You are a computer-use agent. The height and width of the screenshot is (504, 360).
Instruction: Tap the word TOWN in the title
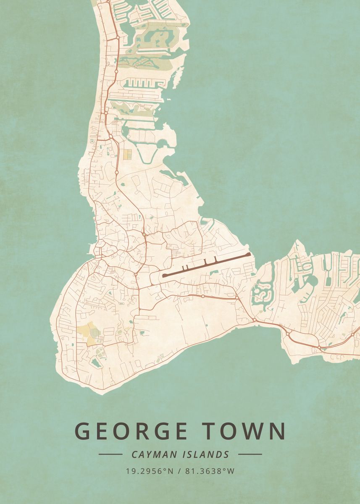[245, 431]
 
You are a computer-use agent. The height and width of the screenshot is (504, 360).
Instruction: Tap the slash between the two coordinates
[179, 471]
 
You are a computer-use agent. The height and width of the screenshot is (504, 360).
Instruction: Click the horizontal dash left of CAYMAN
[110, 454]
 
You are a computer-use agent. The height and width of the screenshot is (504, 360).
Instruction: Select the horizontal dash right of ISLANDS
[250, 454]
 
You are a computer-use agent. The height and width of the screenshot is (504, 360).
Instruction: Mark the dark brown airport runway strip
[206, 265]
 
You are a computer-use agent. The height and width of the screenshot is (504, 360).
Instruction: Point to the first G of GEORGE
[83, 431]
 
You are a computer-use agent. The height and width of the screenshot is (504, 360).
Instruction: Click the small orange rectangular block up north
[127, 154]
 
